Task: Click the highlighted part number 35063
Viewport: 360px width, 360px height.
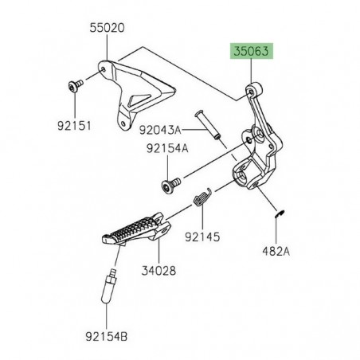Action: coord(252,52)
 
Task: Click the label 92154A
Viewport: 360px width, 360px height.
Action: coord(167,148)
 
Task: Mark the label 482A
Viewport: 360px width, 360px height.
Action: coord(276,249)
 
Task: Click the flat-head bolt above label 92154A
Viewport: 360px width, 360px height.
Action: coord(169,185)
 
